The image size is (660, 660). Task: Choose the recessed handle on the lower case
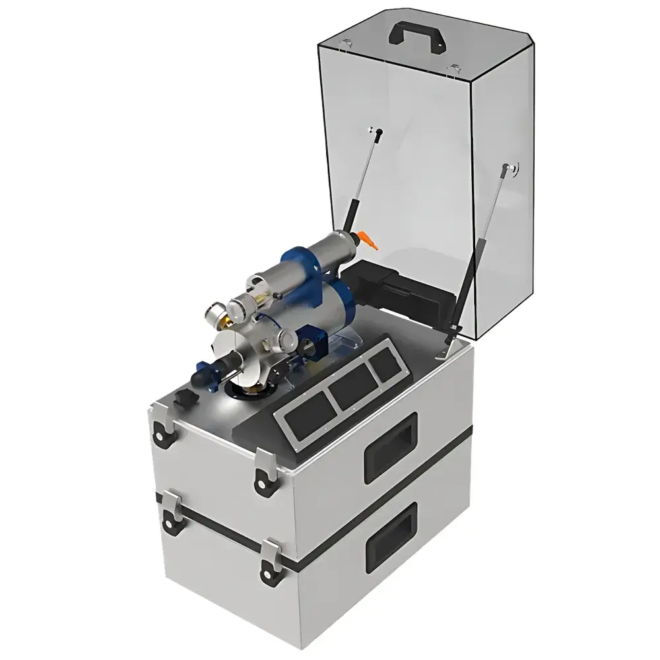click(391, 535)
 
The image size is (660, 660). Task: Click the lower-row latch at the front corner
click(271, 558)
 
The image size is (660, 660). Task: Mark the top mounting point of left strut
click(376, 133)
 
